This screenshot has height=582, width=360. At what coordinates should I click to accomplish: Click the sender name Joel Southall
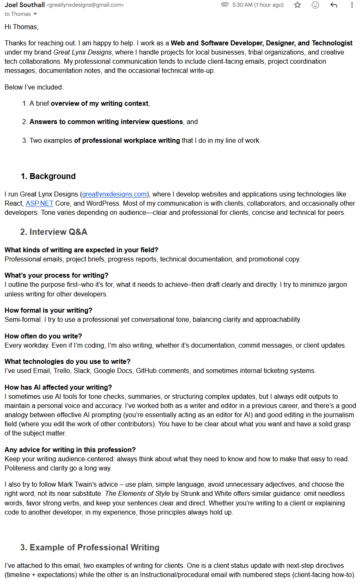[24, 5]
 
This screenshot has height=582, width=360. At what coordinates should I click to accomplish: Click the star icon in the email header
[297, 5]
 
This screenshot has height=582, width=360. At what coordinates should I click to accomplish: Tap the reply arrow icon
[333, 5]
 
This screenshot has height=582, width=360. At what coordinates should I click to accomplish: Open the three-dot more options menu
[352, 5]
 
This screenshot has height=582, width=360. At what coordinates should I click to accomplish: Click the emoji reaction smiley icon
[315, 5]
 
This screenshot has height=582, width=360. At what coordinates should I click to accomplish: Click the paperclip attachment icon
[225, 5]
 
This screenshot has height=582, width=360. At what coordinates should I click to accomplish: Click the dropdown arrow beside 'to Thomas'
[35, 14]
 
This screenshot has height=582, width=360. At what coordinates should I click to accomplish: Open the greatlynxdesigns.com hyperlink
[114, 194]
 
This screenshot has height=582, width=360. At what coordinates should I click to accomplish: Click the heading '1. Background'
[48, 176]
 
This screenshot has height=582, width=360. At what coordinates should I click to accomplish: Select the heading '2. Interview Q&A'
[54, 232]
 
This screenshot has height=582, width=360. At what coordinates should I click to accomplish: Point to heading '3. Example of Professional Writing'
[90, 547]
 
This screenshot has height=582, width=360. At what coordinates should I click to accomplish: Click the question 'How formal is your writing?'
[48, 311]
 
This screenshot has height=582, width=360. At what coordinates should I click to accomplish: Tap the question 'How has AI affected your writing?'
[58, 387]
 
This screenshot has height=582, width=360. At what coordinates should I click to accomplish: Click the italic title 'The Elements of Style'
[137, 494]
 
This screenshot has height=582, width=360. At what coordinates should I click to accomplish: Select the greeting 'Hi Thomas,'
[21, 27]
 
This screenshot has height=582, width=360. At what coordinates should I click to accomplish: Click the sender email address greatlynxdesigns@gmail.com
[85, 5]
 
